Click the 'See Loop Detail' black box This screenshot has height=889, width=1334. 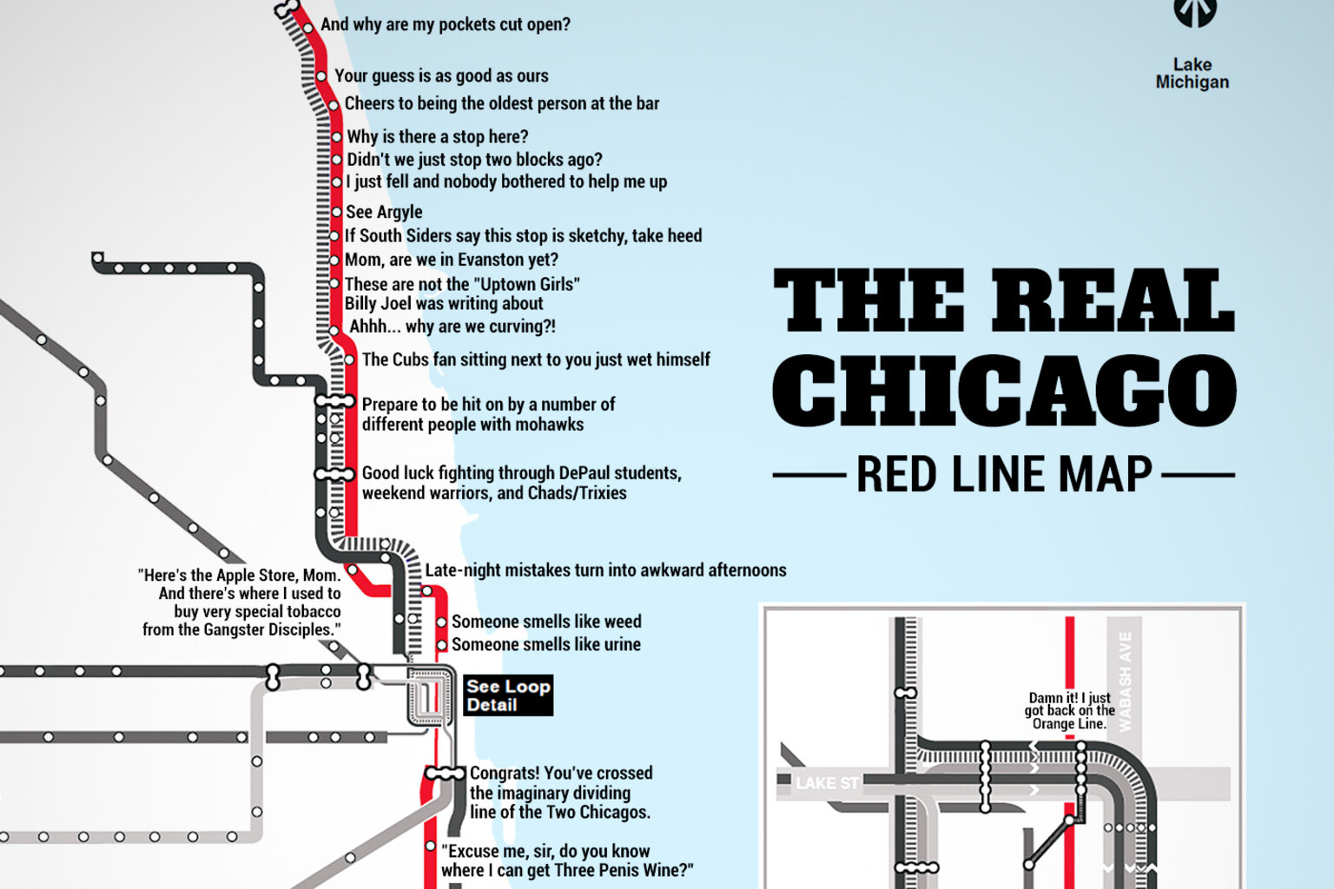coord(508,695)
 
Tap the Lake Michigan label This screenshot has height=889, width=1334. coord(1192,74)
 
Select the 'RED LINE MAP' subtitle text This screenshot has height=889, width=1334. coord(1004,475)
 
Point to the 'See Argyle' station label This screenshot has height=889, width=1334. coord(384,212)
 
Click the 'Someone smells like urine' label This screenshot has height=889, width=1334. coord(545,644)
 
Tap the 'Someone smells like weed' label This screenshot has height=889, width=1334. coord(545,622)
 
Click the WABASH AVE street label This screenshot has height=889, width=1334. coord(1125,682)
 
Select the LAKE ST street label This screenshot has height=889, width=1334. coord(827,783)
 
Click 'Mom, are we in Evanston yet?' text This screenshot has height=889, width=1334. coord(451,260)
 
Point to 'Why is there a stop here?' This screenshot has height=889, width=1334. coord(437,136)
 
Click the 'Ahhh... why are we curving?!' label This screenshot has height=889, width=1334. coord(452,326)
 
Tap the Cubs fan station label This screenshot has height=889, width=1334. coord(535,359)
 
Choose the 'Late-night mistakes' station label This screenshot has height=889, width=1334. coord(605,570)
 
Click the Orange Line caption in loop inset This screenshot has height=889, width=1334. coord(1069,711)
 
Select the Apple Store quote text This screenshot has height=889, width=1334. coord(241,603)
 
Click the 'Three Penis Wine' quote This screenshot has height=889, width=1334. coord(566,860)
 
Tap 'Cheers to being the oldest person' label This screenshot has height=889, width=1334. coord(501,103)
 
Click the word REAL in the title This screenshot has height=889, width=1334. coord(1113,300)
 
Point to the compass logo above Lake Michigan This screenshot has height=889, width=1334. coord(1195,12)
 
